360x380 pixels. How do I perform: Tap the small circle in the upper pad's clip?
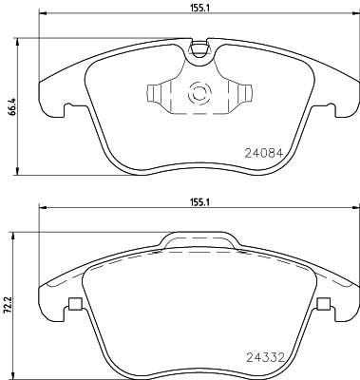(x=200, y=94)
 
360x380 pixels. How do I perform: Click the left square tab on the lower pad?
(x=73, y=305)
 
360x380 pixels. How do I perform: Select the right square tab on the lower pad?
(x=324, y=305)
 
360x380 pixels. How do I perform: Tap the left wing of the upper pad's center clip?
(x=155, y=95)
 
